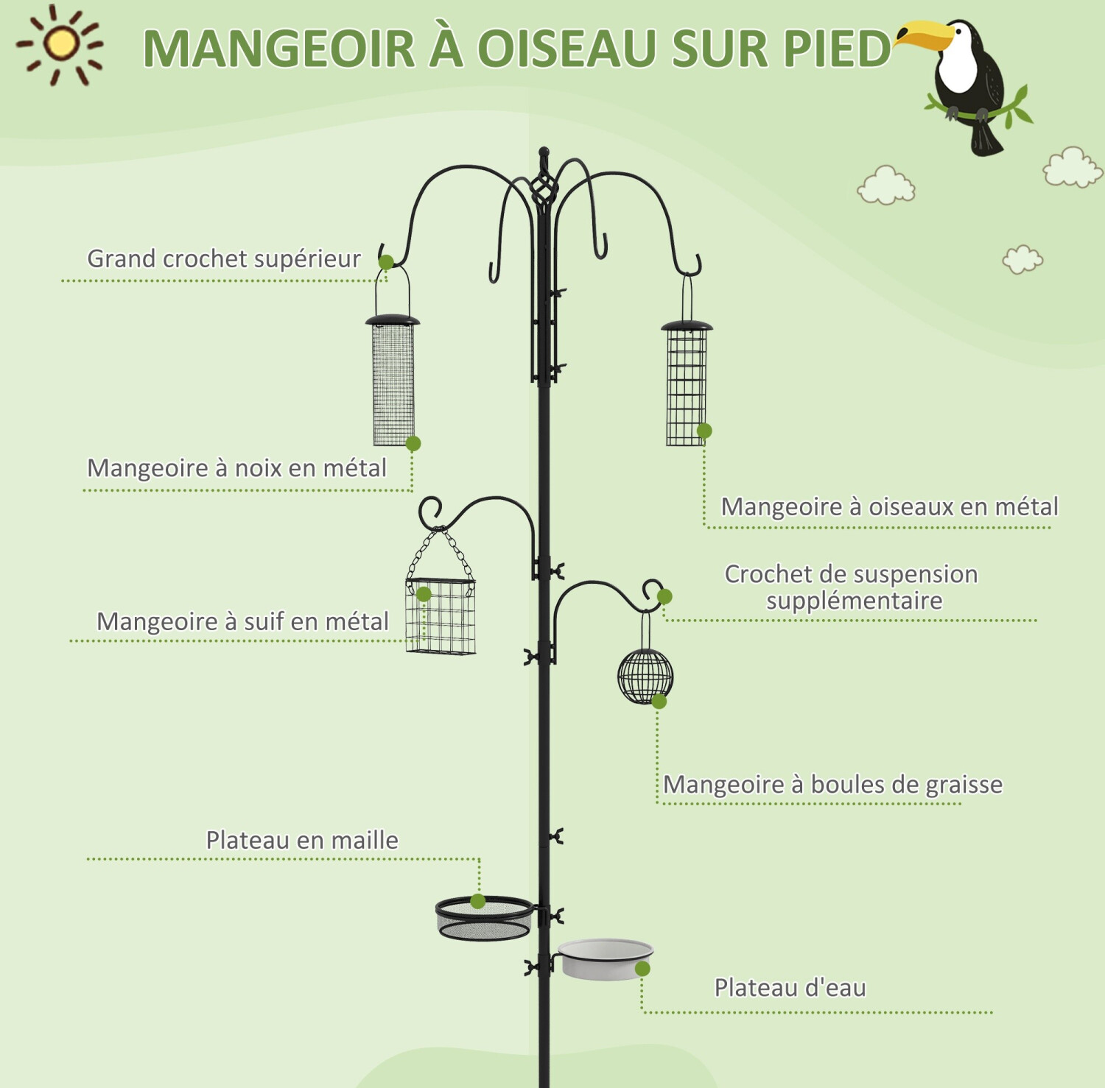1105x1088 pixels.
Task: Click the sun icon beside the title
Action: (60, 44)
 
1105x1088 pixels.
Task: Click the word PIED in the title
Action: (837, 49)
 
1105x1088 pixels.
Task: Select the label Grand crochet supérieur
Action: (224, 258)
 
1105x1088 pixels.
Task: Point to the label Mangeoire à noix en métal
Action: (236, 468)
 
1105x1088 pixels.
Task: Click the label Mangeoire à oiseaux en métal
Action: (889, 506)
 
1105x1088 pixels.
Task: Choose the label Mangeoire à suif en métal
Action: (242, 621)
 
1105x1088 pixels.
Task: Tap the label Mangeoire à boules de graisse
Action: (832, 785)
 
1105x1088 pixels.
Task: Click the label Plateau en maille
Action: (302, 840)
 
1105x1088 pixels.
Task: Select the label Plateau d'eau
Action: (790, 988)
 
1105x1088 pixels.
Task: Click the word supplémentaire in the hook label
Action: (854, 601)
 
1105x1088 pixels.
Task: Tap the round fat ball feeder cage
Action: (645, 676)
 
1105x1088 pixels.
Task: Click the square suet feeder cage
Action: (441, 616)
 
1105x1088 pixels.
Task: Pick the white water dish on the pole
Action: (606, 959)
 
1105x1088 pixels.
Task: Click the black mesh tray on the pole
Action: (484, 919)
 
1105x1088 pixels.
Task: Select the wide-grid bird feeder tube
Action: (687, 384)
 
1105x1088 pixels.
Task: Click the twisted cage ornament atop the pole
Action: (543, 191)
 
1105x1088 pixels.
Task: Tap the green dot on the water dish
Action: (642, 969)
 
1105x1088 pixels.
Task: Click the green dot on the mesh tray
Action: (478, 901)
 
